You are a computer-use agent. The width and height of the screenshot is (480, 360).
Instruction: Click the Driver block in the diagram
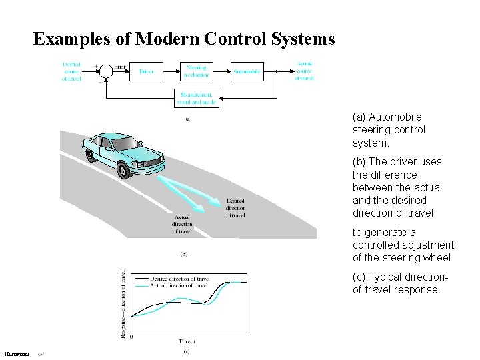(x=146, y=71)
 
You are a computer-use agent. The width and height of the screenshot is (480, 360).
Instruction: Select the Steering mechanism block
(x=196, y=71)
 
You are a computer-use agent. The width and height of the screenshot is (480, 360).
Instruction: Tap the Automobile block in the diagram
(x=247, y=71)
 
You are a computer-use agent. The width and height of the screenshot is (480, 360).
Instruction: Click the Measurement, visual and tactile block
(x=196, y=99)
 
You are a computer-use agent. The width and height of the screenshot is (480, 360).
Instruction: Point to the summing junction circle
(x=104, y=71)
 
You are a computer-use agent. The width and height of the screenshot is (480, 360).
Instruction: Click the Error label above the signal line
(x=120, y=67)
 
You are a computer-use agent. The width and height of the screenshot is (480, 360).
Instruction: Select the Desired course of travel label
(x=72, y=71)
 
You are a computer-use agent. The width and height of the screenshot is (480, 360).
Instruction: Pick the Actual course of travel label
(x=304, y=71)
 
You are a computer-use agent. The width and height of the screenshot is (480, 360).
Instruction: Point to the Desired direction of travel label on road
(x=235, y=207)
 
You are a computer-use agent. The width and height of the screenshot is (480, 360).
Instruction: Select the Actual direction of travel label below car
(x=182, y=224)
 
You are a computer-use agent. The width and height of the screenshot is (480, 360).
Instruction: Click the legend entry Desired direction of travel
(x=179, y=278)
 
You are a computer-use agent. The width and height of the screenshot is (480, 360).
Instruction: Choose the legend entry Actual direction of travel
(x=178, y=285)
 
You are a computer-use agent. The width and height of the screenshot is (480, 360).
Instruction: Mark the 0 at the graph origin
(x=131, y=337)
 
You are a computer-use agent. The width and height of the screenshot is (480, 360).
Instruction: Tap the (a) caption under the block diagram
(x=188, y=120)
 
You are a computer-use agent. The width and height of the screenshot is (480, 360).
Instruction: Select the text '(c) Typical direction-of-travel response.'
(x=396, y=283)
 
